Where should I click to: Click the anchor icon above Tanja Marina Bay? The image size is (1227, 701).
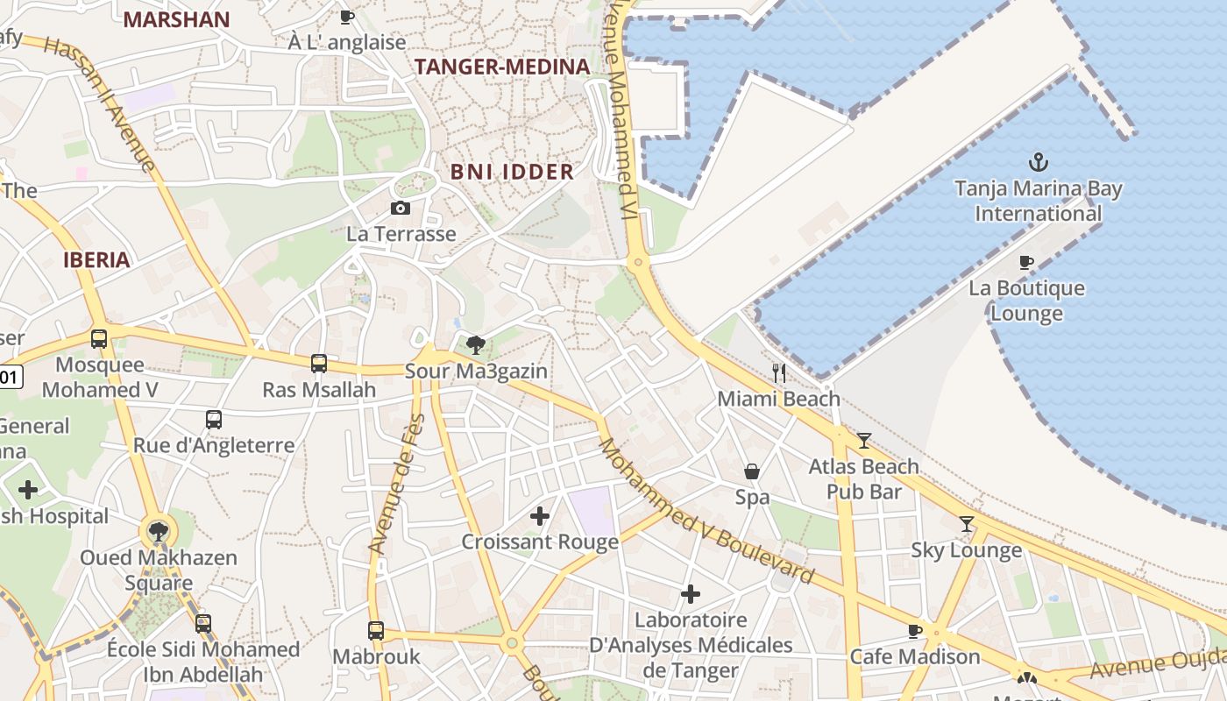coord(1039,162)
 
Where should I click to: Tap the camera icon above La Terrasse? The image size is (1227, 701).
coord(401,208)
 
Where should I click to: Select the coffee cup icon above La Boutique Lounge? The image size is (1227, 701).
coord(1026,262)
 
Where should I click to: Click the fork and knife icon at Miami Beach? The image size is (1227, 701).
coord(778,372)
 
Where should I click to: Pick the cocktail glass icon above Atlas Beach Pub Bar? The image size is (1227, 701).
coord(864,440)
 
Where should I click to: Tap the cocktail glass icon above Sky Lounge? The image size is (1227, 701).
coord(967,524)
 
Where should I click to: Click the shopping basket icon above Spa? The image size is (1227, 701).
coord(752,471)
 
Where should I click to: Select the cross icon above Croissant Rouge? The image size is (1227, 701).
coord(540,516)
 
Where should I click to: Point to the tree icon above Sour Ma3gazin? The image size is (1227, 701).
coord(476,344)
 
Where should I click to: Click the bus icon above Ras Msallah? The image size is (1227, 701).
coord(319,363)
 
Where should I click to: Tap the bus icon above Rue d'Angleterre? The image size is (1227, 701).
coord(214,419)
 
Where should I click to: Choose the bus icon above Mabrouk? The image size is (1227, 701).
coord(376,630)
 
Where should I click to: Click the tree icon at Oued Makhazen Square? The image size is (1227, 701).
coord(159,530)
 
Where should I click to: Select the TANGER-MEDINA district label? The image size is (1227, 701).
coord(501,67)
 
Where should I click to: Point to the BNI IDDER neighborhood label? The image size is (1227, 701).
coord(512,172)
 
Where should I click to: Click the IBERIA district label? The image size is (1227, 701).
coord(96,259)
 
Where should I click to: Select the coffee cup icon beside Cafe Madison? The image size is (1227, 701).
coord(915,631)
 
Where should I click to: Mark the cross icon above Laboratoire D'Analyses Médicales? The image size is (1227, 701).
coord(691,595)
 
